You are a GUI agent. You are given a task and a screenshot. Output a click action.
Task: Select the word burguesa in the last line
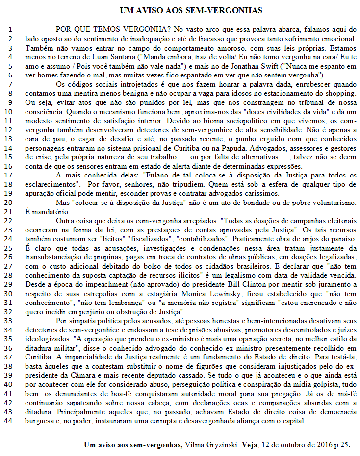coord(39,421)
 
